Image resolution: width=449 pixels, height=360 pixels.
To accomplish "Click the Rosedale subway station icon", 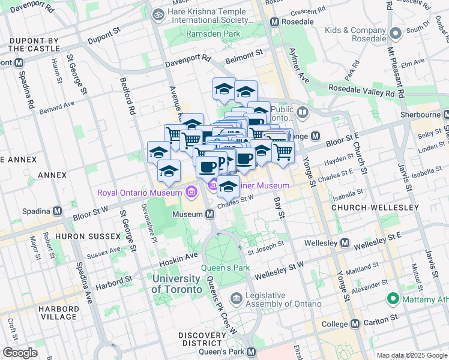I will [275, 22].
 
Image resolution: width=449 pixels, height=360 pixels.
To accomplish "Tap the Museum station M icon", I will [210, 214].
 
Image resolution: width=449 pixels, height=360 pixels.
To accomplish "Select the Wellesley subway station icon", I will [345, 243].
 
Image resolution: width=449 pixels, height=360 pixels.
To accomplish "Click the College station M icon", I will [355, 323].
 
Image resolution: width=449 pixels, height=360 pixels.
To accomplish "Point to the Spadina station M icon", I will [57, 211].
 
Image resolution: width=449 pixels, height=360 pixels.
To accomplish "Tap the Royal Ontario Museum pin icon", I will [191, 193].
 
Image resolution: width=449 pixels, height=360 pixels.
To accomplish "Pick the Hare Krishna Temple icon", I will [158, 13].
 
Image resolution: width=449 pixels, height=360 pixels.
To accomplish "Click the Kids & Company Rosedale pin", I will [395, 34].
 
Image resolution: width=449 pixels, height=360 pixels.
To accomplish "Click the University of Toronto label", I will [176, 284].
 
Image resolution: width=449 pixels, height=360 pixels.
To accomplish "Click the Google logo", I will [20, 352].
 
